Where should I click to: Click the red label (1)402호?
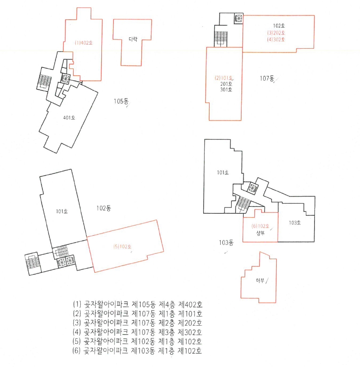(84, 43)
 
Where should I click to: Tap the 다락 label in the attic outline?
(133, 39)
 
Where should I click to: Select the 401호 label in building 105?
(69, 118)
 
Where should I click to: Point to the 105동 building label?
(121, 101)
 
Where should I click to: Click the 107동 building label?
(267, 78)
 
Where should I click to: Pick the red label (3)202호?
(276, 33)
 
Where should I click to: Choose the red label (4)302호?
(276, 39)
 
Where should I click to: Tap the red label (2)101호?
(224, 78)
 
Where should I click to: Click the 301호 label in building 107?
(226, 90)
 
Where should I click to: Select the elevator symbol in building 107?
(239, 18)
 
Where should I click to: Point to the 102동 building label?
(104, 208)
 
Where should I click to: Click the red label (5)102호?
(122, 247)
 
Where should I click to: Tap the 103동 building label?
(226, 242)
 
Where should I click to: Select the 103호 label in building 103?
(295, 222)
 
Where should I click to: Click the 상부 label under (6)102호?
(260, 233)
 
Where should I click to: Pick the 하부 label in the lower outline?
(260, 281)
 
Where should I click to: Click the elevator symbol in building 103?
(253, 188)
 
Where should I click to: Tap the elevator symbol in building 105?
(65, 78)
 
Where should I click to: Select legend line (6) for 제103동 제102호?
(137, 351)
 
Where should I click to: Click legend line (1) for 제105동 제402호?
(138, 304)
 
